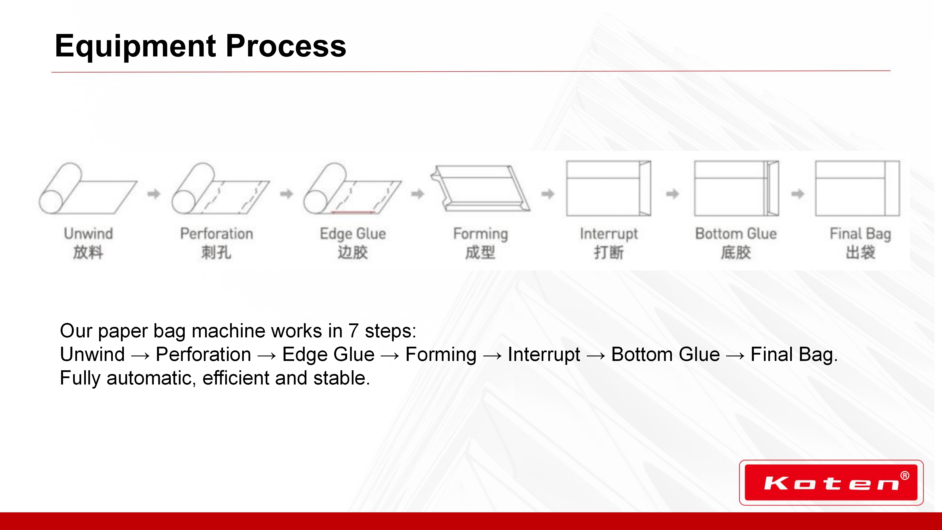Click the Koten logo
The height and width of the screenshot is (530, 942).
point(831,482)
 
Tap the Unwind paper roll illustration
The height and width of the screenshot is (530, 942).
point(88,188)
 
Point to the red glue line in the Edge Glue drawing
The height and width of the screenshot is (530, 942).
point(353,212)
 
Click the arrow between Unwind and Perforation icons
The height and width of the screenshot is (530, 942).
point(154,194)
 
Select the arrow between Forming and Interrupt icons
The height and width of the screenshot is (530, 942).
point(548,194)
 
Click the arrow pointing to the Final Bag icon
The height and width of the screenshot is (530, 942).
point(798,194)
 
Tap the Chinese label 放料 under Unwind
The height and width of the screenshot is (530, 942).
point(88,252)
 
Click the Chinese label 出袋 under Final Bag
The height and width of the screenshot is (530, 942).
point(861,252)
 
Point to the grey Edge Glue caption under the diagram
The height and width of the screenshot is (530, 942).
point(353,234)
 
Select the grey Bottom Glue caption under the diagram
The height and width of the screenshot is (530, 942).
point(736,234)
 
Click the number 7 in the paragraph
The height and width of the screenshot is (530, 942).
point(353,331)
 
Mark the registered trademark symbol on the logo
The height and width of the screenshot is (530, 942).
point(905,476)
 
